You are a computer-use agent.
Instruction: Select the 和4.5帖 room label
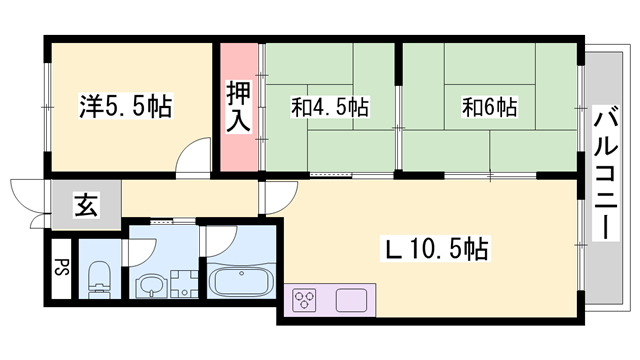point(329,106)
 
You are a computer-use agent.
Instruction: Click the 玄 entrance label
point(84,209)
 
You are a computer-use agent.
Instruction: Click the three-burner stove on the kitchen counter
point(305,299)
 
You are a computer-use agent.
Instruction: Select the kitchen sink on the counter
point(352,299)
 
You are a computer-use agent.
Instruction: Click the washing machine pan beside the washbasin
point(185,286)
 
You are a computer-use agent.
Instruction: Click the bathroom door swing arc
point(213,240)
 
